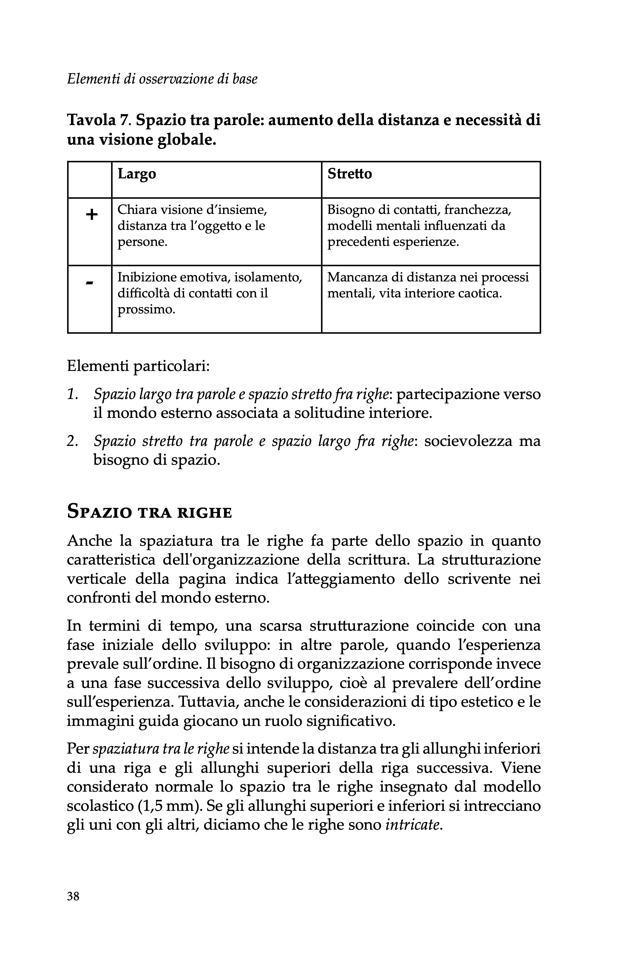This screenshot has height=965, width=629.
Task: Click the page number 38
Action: click(74, 896)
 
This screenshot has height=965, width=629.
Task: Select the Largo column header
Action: click(137, 174)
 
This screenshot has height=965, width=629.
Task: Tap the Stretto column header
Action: click(349, 174)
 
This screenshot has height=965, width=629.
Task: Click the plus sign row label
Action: click(92, 215)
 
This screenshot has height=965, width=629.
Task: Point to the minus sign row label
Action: click(90, 282)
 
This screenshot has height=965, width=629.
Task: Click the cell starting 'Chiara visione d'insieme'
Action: click(192, 226)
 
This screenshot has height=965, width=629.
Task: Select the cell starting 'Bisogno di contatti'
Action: click(419, 226)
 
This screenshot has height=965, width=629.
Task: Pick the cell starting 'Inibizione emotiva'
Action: click(210, 293)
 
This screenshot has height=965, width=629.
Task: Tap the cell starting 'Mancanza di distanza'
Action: click(428, 285)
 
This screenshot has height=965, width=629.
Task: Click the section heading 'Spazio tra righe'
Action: click(149, 511)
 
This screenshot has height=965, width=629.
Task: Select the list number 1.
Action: click(72, 394)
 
